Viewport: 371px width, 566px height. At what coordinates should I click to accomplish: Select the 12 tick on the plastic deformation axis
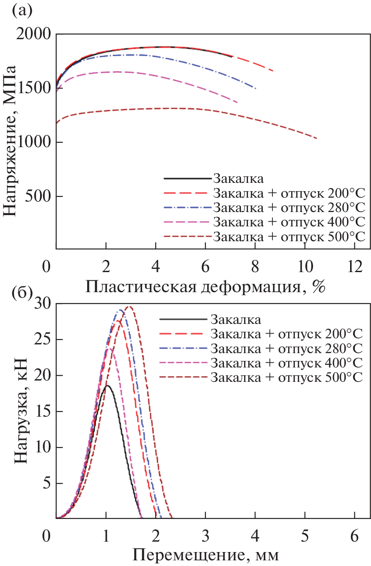click(355, 265)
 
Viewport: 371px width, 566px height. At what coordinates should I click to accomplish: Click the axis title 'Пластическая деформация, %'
click(206, 287)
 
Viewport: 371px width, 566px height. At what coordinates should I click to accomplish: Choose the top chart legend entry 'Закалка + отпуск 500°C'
click(289, 236)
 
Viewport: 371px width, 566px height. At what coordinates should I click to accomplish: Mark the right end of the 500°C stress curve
click(317, 138)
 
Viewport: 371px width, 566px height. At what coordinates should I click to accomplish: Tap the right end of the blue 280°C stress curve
click(255, 88)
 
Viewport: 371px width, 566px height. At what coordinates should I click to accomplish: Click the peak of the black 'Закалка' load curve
click(107, 385)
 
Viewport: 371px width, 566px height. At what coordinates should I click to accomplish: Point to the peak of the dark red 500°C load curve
click(129, 307)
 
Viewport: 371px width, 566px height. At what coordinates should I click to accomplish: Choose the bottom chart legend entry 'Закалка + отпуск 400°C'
click(286, 363)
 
